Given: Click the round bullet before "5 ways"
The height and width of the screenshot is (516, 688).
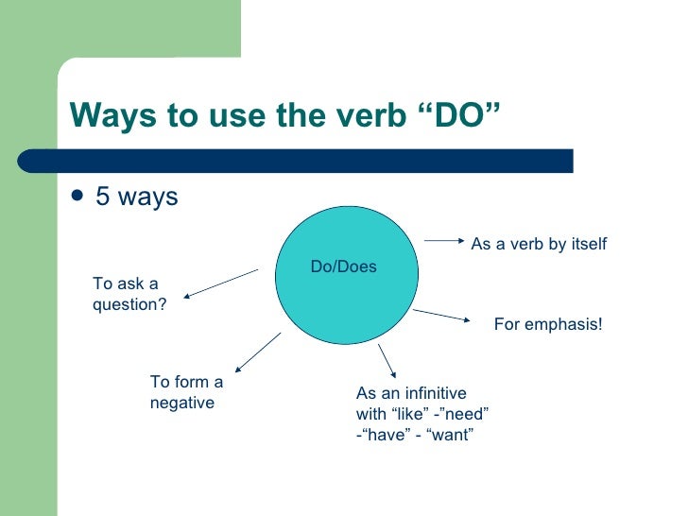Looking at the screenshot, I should [77, 198].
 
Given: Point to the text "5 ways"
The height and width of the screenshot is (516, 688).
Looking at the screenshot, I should [136, 198].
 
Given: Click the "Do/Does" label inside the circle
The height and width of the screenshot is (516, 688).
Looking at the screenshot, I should [343, 267].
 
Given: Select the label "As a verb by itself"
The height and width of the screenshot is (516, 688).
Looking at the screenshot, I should [539, 245].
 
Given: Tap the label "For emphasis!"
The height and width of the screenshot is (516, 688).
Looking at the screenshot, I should [548, 324].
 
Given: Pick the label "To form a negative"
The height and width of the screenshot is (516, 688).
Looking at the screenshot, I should [186, 392].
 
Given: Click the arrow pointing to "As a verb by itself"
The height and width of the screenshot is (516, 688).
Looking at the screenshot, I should [443, 240].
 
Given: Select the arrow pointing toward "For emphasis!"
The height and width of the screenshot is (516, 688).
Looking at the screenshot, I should [441, 315].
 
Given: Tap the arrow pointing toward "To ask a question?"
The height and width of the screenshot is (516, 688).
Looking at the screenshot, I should [221, 284].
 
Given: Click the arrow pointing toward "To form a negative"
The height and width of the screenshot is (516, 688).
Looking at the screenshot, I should [257, 352].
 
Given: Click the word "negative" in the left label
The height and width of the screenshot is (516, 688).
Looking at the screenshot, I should [182, 403].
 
